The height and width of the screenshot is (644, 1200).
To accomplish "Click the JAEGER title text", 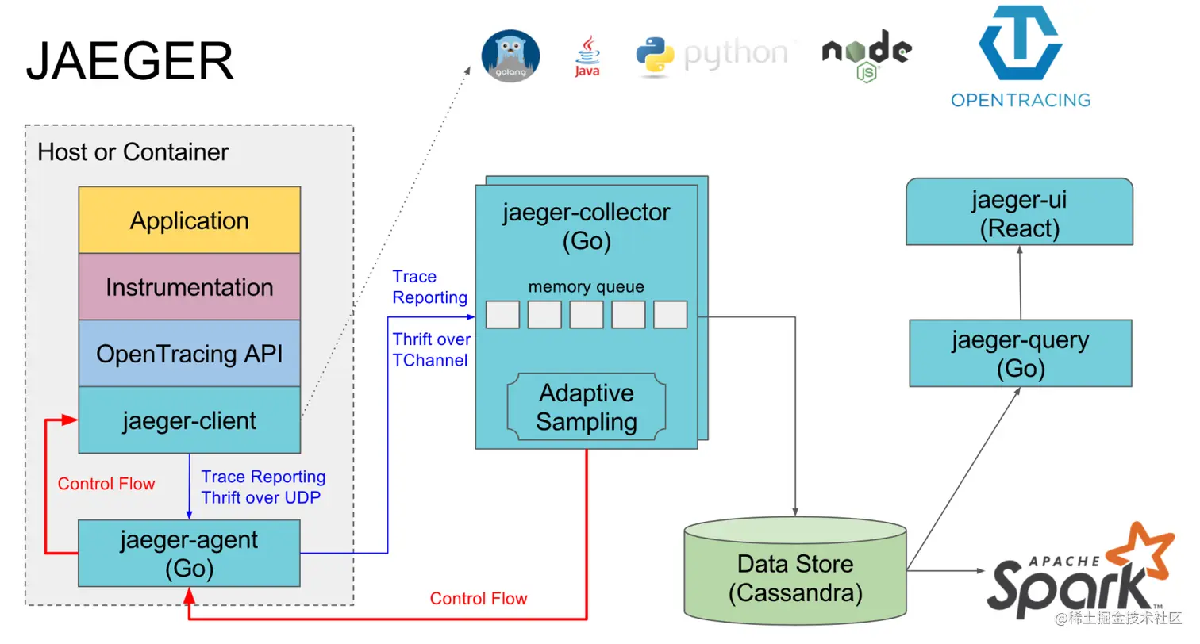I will (130, 61).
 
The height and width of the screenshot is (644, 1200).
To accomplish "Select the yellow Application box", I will (189, 220).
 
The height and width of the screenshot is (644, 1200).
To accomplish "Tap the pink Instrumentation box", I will (189, 287).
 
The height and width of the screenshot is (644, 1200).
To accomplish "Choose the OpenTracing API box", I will (189, 354).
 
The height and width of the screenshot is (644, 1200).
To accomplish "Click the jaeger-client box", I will (189, 420).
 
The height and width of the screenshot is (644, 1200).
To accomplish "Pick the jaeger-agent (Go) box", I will (189, 554).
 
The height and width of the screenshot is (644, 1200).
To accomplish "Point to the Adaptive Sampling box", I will (587, 407).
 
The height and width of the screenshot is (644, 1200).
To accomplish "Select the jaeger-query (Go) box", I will (1020, 354).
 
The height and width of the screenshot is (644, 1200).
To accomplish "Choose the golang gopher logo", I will (511, 56).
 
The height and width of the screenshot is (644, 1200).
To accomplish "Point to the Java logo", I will (587, 56).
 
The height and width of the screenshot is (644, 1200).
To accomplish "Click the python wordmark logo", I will (713, 54).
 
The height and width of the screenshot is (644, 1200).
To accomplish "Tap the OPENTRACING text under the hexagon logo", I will (1021, 100).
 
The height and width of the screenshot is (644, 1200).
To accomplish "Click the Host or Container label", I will (133, 151).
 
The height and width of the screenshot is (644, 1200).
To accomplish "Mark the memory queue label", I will (587, 287).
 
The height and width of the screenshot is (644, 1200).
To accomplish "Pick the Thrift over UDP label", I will (263, 498).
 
